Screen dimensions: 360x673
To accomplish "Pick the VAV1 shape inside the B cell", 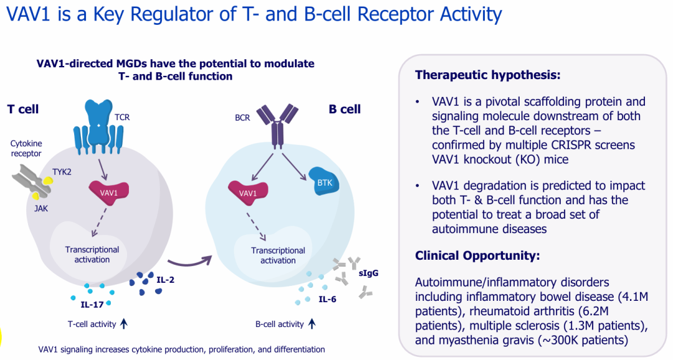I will coord(247,192).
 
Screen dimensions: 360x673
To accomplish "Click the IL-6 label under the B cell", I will coord(328,300).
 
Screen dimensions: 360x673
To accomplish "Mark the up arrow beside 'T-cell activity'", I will coord(123,323).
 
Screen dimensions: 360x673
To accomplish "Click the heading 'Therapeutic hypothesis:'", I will coord(488,75).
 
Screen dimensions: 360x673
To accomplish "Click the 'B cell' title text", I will coord(345,110).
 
